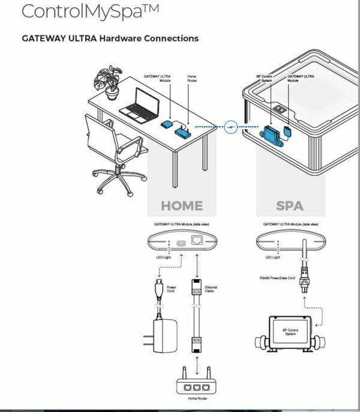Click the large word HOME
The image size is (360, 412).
[182, 205]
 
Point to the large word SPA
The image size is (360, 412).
[290, 205]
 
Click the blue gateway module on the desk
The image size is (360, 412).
[167, 124]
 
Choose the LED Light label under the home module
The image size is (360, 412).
[164, 257]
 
